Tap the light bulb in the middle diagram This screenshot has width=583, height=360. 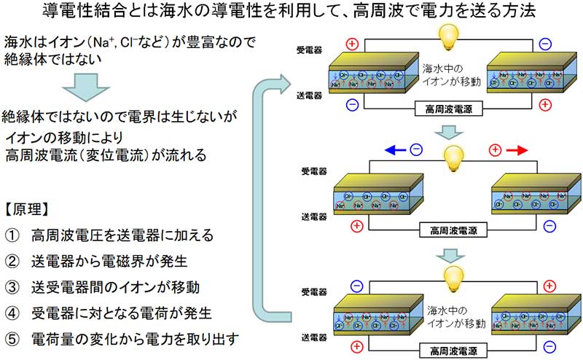pyautogui.click(x=454, y=155)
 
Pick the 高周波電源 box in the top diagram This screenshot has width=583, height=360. pyautogui.click(x=444, y=109)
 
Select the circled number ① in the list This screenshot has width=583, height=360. pyautogui.click(x=12, y=235)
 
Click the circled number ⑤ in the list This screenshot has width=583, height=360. pyautogui.click(x=12, y=338)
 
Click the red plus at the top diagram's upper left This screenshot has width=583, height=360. pyautogui.click(x=353, y=44)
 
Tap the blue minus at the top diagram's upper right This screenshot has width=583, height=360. pyautogui.click(x=545, y=44)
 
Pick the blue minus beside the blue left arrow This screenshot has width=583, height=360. pyautogui.click(x=416, y=151)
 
